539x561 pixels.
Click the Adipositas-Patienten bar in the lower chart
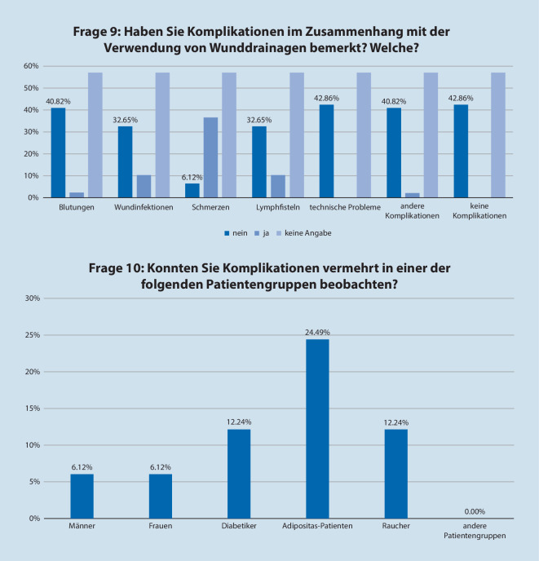click(318, 428)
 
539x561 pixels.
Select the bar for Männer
click(82, 496)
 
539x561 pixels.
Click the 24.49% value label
click(318, 332)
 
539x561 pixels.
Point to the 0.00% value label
click(475, 511)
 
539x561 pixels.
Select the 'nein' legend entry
click(236, 232)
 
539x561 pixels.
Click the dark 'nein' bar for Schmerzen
click(192, 190)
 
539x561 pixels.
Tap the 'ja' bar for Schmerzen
click(211, 157)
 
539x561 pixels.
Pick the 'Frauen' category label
click(161, 527)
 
